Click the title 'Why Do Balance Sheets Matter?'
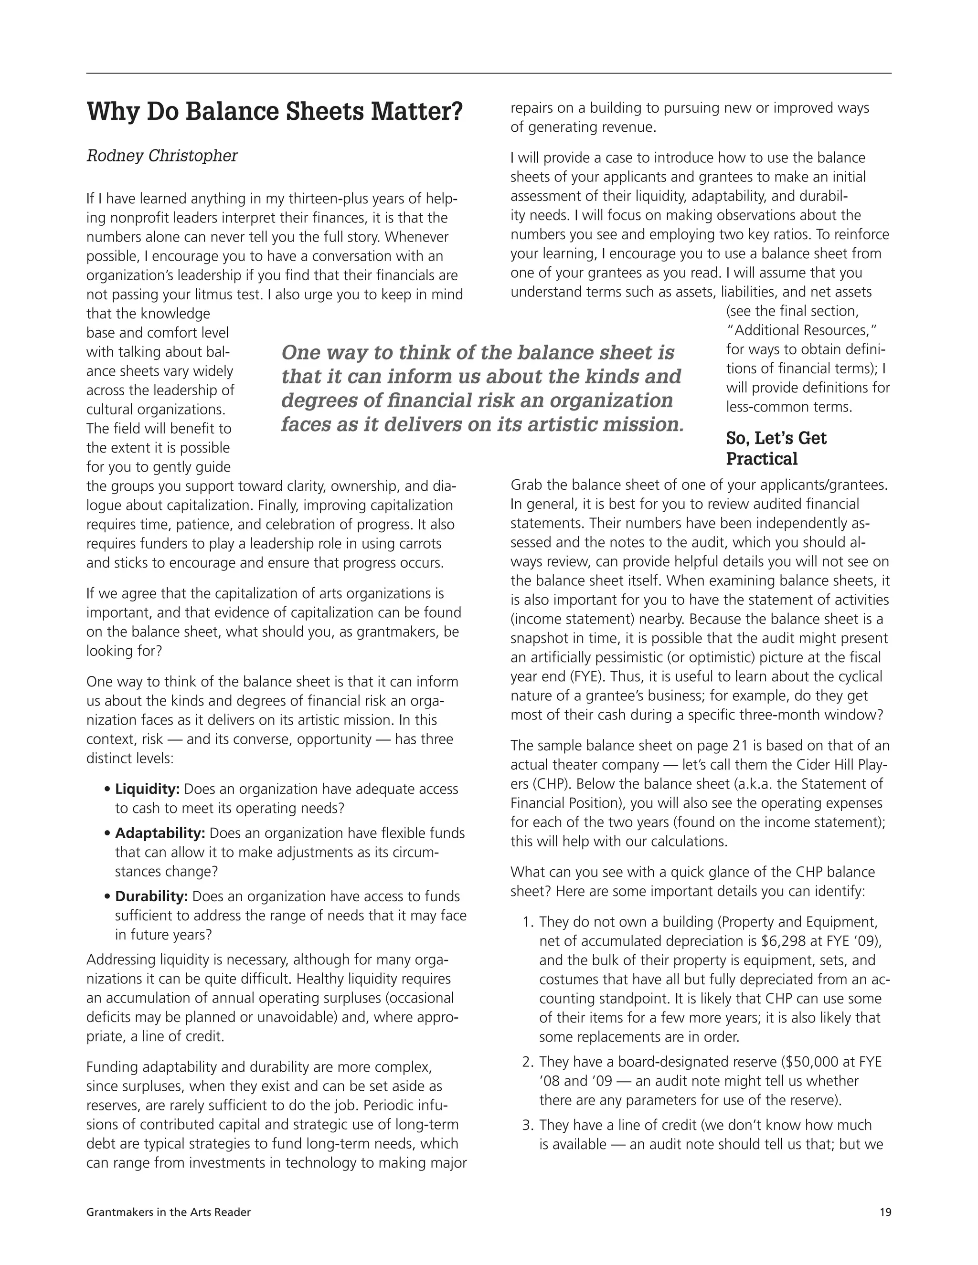(x=275, y=111)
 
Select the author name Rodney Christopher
(x=162, y=156)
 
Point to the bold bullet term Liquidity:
(x=147, y=789)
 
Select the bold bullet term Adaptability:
(x=160, y=833)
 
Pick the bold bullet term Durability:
(x=151, y=896)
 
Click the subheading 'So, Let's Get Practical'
(x=776, y=448)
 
